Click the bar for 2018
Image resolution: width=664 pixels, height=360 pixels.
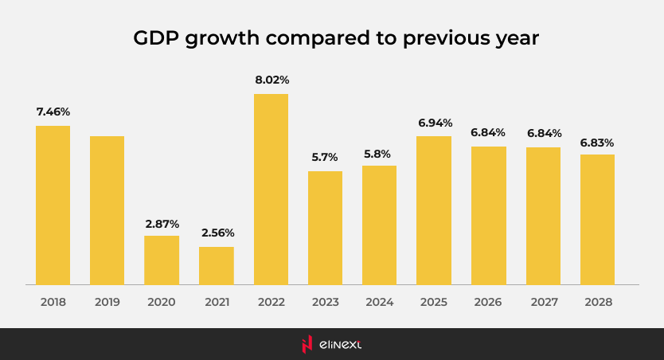pyautogui.click(x=53, y=205)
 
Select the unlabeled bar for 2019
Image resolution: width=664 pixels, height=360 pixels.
pyautogui.click(x=107, y=210)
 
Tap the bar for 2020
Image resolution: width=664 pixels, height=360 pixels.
pyautogui.click(x=162, y=260)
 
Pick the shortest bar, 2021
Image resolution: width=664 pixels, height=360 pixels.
pyautogui.click(x=216, y=265)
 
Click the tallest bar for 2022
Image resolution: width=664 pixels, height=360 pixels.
pyautogui.click(x=271, y=189)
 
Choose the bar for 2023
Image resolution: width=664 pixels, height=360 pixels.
pyautogui.click(x=325, y=228)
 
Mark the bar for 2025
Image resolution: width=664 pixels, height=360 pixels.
pyautogui.click(x=434, y=210)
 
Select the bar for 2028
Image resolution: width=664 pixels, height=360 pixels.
pyautogui.click(x=597, y=219)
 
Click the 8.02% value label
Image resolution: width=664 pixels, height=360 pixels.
pyautogui.click(x=271, y=80)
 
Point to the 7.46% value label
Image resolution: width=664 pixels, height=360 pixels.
pyautogui.click(x=53, y=112)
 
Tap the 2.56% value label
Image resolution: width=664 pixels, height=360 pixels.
pyautogui.click(x=217, y=233)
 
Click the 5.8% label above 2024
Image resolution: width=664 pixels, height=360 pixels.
pyautogui.click(x=379, y=151)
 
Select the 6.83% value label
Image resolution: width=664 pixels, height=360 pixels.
pyautogui.click(x=597, y=142)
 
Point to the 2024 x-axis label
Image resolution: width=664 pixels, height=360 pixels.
pyautogui.click(x=379, y=303)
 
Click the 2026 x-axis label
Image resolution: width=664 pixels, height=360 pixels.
pyautogui.click(x=488, y=303)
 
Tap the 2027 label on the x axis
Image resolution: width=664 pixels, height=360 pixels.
pyautogui.click(x=543, y=303)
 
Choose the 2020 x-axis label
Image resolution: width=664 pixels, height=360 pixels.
pyautogui.click(x=162, y=303)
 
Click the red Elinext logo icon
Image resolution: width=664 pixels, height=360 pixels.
pyautogui.click(x=307, y=344)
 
